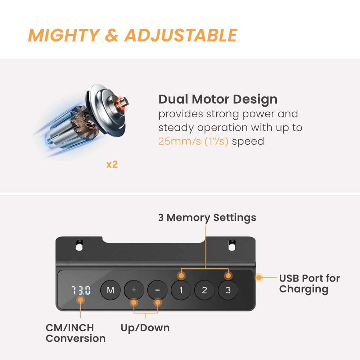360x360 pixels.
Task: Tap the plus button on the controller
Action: [x=134, y=290]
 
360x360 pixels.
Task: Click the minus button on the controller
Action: [x=158, y=290]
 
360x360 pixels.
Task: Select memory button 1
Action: [x=181, y=290]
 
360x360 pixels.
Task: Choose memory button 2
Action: [x=204, y=290]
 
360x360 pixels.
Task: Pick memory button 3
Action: [x=228, y=290]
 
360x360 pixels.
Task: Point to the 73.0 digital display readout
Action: [x=81, y=290]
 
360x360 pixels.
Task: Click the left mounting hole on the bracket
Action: [x=79, y=245]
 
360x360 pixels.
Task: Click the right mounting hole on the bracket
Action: [x=232, y=245]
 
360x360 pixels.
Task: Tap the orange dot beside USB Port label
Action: [x=259, y=278]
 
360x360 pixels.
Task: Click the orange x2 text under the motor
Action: [x=112, y=165]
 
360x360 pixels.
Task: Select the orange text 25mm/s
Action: [x=180, y=141]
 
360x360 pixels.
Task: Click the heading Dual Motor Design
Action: [x=218, y=99]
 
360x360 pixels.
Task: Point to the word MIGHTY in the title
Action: [x=64, y=35]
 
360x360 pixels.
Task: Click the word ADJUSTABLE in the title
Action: [x=181, y=35]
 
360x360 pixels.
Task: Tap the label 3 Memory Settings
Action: [x=207, y=217]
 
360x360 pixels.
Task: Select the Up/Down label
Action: [x=145, y=328]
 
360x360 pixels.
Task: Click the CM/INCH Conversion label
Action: [x=76, y=333]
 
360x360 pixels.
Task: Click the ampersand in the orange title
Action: [x=112, y=35]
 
